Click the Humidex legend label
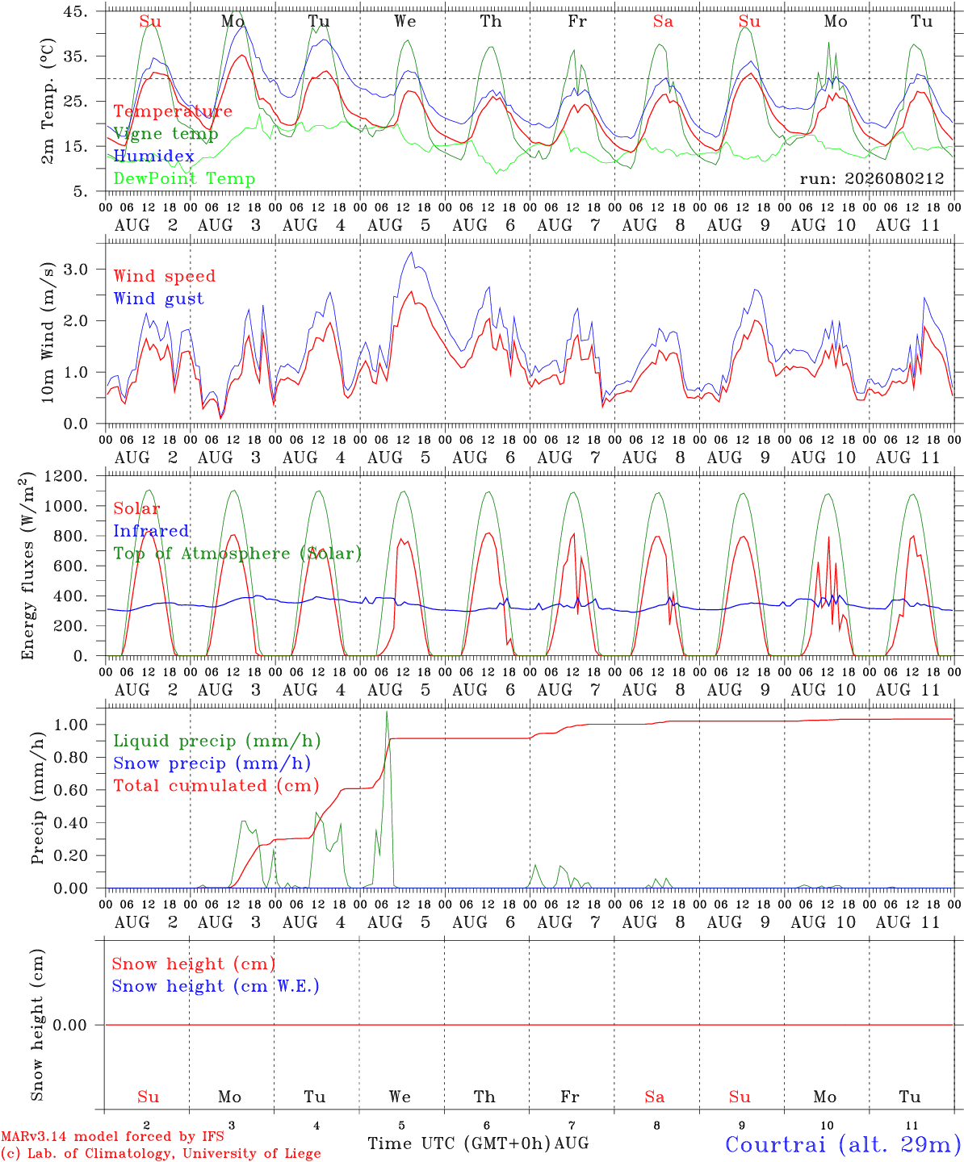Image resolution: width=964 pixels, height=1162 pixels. pyautogui.click(x=153, y=156)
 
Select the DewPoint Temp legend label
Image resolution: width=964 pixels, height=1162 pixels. pyautogui.click(x=184, y=178)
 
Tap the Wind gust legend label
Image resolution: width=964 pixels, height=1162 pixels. pyautogui.click(x=159, y=299)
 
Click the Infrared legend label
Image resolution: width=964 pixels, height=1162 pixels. pyautogui.click(x=151, y=531)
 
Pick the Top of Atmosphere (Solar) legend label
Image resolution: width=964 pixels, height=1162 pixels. pyautogui.click(x=238, y=554)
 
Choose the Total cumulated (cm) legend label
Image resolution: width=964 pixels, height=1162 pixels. pyautogui.click(x=216, y=786)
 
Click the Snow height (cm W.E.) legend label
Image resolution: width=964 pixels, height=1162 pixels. pyautogui.click(x=216, y=986)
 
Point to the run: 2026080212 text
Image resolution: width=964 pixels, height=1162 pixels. pyautogui.click(x=872, y=178)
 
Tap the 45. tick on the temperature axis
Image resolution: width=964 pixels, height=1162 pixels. pyautogui.click(x=75, y=11)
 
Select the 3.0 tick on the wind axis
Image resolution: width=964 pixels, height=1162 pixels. pyautogui.click(x=75, y=270)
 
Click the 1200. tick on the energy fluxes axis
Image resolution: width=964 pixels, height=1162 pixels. pyautogui.click(x=66, y=476)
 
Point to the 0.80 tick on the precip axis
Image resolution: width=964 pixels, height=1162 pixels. pyautogui.click(x=71, y=758)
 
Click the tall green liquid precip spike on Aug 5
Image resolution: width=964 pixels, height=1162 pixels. pyautogui.click(x=387, y=712)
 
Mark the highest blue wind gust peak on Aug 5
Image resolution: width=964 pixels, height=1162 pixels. pyautogui.click(x=412, y=252)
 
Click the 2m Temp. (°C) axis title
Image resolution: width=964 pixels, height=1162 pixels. pyautogui.click(x=48, y=102)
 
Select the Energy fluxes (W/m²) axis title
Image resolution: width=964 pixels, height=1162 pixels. pyautogui.click(x=27, y=566)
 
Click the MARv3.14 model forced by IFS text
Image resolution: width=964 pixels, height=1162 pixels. pyautogui.click(x=112, y=1136)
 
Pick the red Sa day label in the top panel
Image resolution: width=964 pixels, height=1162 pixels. pyautogui.click(x=664, y=22)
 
